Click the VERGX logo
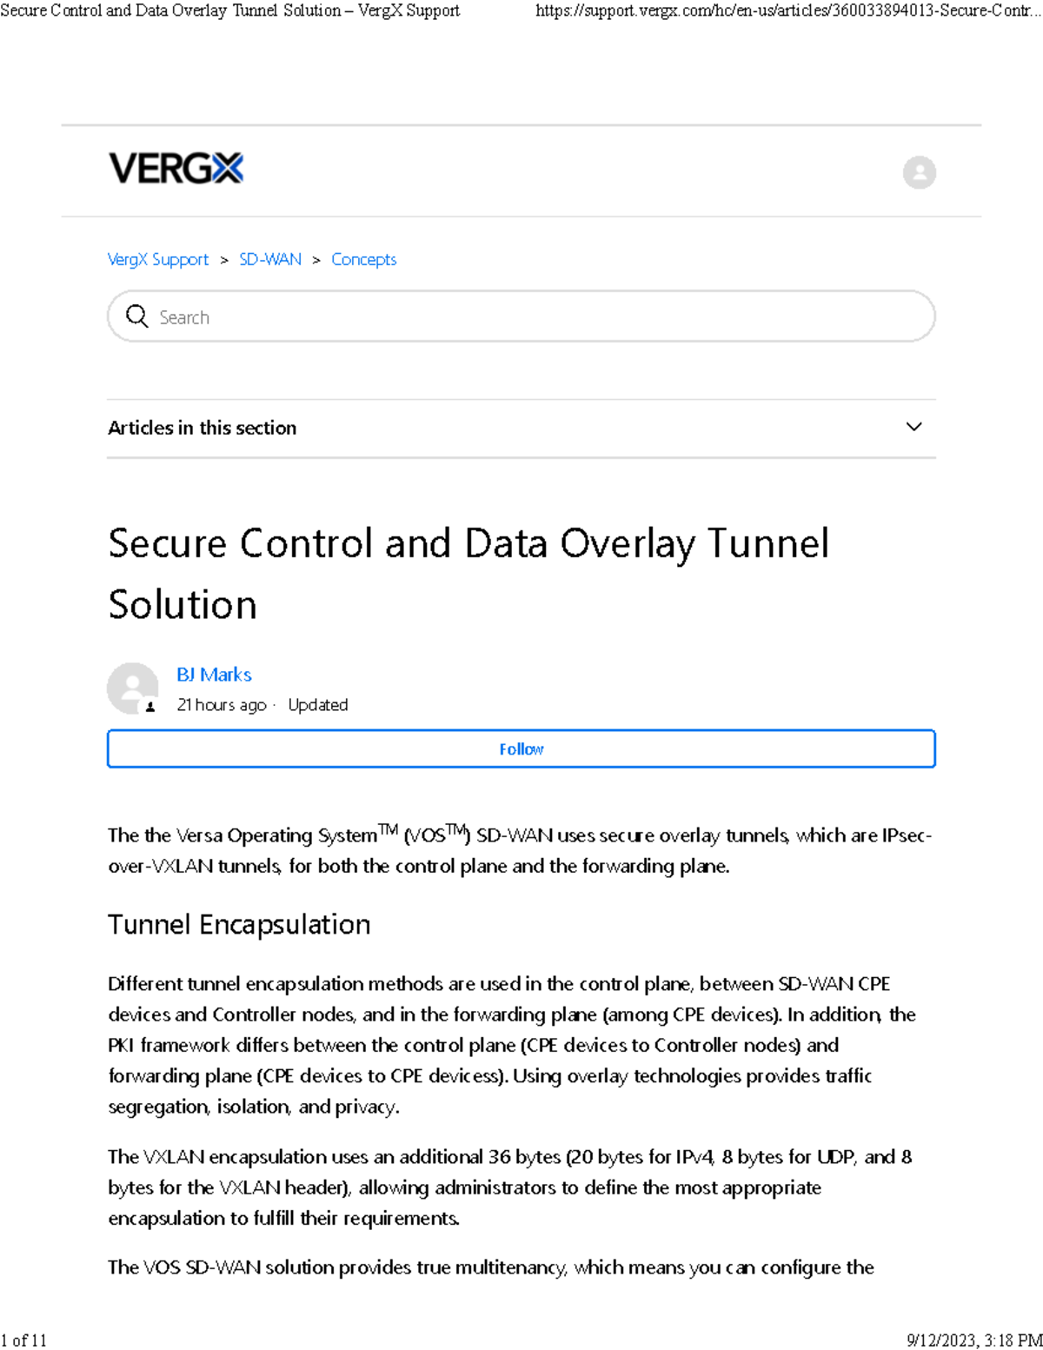point(176,168)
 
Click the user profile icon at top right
point(919,172)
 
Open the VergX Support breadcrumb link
point(158,259)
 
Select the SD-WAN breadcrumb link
point(270,259)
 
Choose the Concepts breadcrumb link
point(363,259)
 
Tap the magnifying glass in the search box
point(137,316)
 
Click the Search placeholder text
point(184,317)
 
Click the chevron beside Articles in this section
point(913,427)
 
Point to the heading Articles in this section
point(202,428)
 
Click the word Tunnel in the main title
point(767,543)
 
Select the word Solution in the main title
point(183,604)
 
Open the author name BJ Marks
point(214,675)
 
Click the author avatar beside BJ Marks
point(132,688)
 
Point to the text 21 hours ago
point(221,705)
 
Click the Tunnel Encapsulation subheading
point(239,924)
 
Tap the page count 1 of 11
point(23,1340)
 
